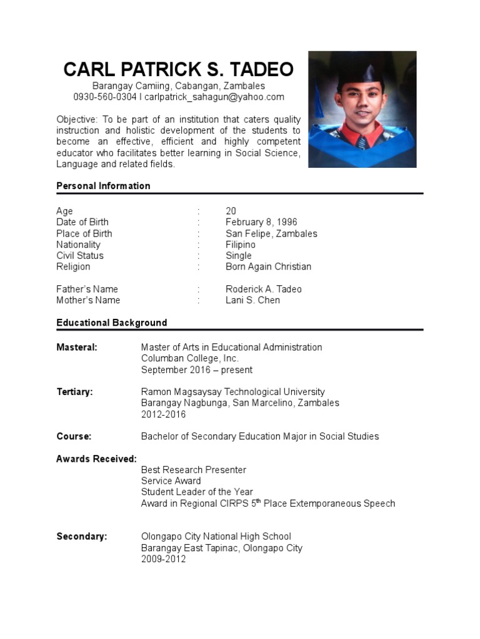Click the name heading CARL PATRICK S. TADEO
click(178, 69)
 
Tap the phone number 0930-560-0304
click(104, 97)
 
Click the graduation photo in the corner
click(362, 109)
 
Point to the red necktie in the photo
click(362, 139)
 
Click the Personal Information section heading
click(103, 186)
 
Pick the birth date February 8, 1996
click(261, 222)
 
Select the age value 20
click(231, 211)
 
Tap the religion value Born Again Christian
click(268, 266)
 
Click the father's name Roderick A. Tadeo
click(263, 289)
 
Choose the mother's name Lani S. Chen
click(252, 300)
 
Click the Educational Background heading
click(111, 323)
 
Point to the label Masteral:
click(77, 347)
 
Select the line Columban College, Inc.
click(189, 358)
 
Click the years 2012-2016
click(163, 414)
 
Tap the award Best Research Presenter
click(193, 470)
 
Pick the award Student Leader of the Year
click(197, 492)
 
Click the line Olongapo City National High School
click(216, 537)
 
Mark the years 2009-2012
click(163, 559)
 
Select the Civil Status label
click(80, 255)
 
